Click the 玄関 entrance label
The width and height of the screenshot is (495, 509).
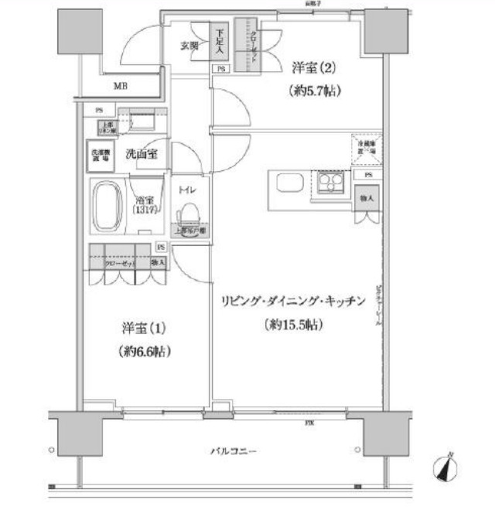pos(190,46)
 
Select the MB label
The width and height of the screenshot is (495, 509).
pos(121,86)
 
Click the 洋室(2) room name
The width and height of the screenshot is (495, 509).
pos(312,67)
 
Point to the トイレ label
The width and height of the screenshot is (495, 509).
pos(188,190)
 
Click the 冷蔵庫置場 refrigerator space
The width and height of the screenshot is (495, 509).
pos(366,149)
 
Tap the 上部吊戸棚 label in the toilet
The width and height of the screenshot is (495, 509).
pos(189,231)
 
